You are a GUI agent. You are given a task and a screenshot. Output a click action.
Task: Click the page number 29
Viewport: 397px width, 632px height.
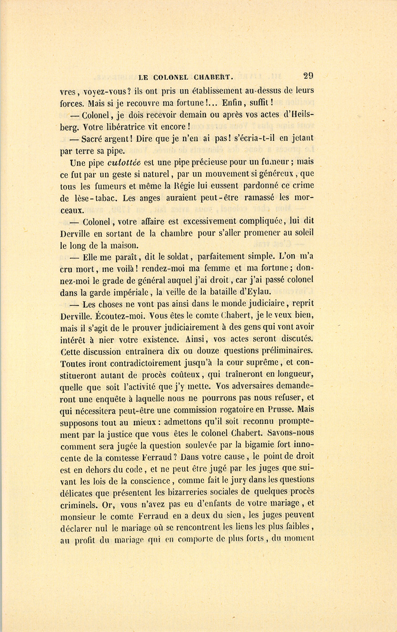click(x=308, y=75)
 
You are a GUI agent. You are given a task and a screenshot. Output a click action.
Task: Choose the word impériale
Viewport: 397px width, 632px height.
click(x=128, y=292)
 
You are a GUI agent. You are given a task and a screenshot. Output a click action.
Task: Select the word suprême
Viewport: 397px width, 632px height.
click(x=260, y=363)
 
